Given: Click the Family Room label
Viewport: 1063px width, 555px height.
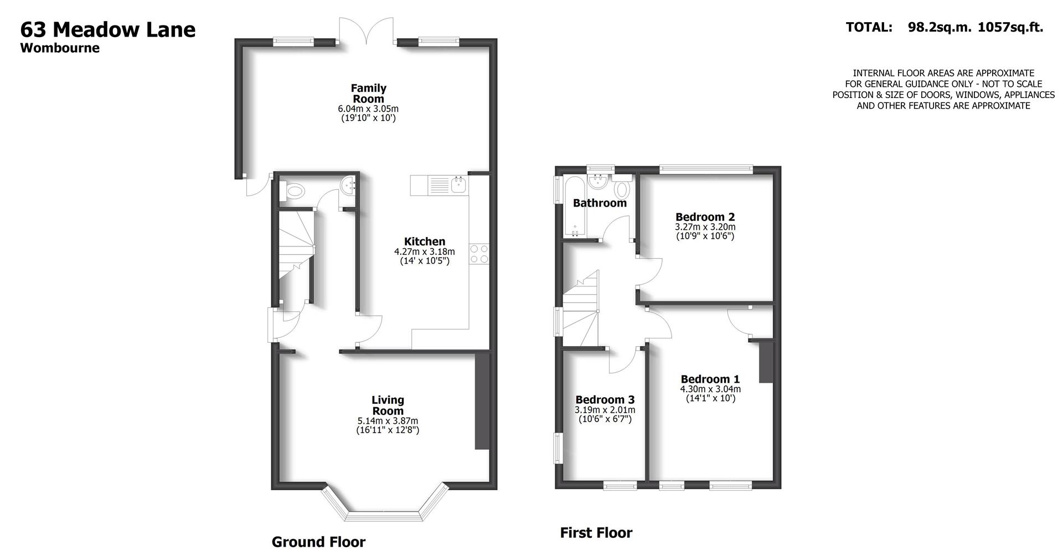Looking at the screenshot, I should (368, 93).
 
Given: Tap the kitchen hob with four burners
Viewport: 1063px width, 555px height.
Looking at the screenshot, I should (479, 254).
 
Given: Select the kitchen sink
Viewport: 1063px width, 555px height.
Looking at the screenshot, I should (459, 185).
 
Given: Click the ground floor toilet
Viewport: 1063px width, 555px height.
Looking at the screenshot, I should (293, 192).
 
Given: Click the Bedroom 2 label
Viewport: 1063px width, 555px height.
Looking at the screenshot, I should (705, 217).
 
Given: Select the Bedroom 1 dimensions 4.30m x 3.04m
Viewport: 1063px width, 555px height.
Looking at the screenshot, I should (710, 389).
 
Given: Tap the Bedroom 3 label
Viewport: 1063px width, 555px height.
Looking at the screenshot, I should (605, 399).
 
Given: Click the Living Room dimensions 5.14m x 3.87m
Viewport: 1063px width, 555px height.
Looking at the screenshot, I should (388, 420).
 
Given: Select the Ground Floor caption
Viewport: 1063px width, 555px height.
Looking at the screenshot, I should (318, 542).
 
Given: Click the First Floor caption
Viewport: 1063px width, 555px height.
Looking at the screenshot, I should (596, 533).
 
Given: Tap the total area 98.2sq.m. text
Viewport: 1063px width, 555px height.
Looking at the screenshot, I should (939, 27).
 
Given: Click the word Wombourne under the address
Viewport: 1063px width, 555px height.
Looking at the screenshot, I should (60, 48).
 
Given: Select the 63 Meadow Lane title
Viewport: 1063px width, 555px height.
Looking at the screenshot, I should (108, 29).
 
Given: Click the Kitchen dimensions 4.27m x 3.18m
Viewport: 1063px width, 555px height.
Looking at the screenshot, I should (424, 251).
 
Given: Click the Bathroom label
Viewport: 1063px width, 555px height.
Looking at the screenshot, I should (599, 203).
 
